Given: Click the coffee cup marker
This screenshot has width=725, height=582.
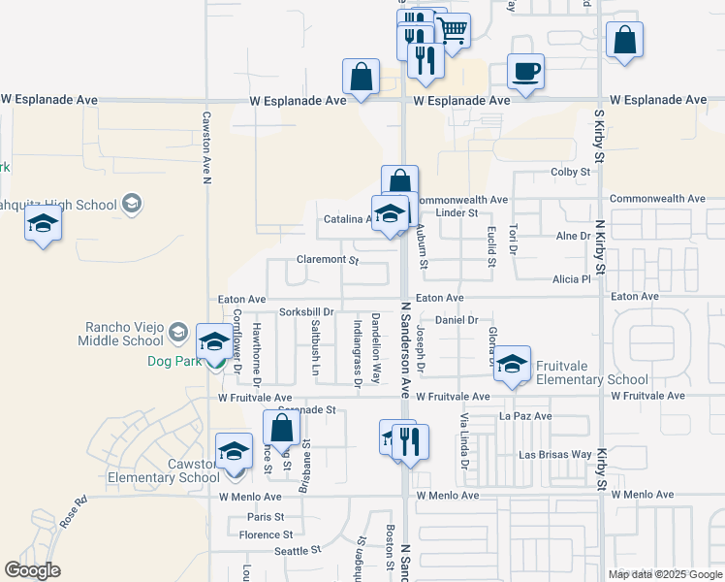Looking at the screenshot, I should [525, 72].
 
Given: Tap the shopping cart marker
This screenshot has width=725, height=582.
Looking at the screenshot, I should [452, 31].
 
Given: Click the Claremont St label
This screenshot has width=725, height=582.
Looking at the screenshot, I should [328, 260].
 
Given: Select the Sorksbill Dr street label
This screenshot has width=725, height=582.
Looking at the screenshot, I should [306, 312].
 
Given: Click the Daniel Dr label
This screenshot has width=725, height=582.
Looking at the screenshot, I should [457, 319].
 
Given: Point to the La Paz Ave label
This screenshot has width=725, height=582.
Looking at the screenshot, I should [524, 416].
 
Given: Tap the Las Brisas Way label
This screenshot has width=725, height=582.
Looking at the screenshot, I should [555, 454].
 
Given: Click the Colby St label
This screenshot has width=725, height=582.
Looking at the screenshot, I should [570, 172].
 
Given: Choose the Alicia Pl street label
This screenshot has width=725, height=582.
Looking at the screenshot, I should [571, 278].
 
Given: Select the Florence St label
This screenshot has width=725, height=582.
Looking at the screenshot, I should [266, 534].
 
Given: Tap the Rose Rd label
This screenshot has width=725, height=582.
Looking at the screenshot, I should [73, 513].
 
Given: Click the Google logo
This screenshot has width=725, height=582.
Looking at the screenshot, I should [32, 570].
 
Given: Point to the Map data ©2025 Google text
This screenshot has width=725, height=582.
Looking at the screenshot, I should [664, 574].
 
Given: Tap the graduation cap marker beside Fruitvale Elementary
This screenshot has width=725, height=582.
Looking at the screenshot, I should [513, 364].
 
